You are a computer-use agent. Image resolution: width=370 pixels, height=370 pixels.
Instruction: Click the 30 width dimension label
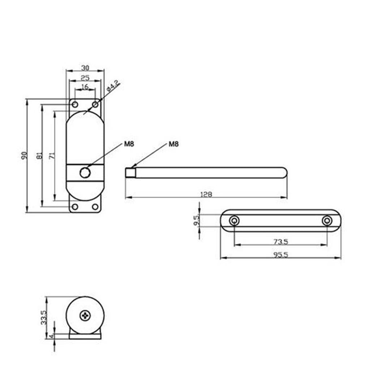pos(85,68)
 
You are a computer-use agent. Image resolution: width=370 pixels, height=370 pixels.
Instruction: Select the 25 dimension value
pos(85,78)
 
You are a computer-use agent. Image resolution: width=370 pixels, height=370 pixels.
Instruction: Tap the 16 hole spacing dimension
pos(85,87)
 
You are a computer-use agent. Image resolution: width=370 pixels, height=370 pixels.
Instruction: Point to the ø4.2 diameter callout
pos(113,86)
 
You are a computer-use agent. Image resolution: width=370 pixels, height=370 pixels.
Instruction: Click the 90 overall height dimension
pos(24,156)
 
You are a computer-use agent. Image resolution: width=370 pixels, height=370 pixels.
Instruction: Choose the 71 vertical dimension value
pos(52,156)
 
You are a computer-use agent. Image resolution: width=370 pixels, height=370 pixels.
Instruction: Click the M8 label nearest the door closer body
pos(129,144)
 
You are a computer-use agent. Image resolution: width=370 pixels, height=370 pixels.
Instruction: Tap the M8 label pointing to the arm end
pos(173,144)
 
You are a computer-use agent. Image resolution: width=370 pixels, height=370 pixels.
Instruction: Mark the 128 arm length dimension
pos(206,194)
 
